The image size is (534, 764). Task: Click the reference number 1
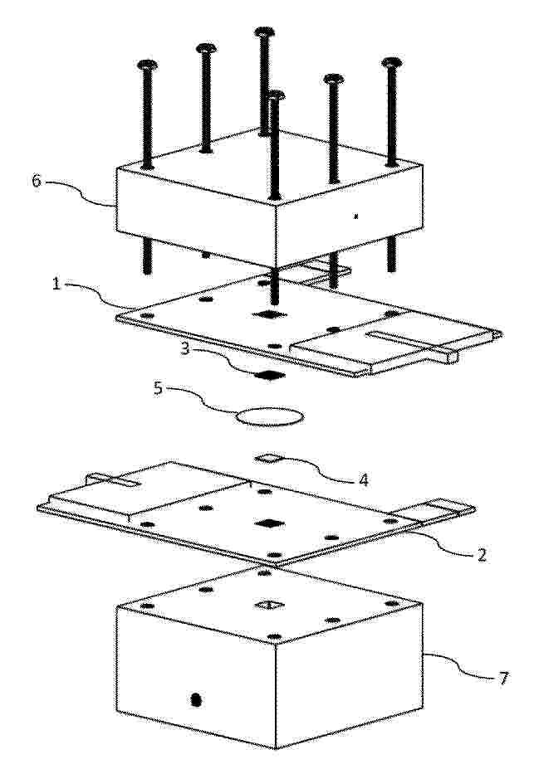coord(56,284)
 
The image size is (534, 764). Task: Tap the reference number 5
coord(158,389)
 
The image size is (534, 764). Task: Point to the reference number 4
coord(363,480)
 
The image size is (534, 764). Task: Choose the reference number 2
coord(482,555)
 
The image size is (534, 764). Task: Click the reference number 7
coord(502,678)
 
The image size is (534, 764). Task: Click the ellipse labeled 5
coord(270,416)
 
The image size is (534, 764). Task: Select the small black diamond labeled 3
coord(270,375)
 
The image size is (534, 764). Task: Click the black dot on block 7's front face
coord(196,699)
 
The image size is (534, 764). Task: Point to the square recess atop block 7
coord(269,606)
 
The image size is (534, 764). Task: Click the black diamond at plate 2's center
coord(269,523)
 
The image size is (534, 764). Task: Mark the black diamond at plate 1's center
coord(270,314)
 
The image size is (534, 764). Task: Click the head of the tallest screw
coord(264,32)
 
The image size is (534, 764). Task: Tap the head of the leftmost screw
coord(147,65)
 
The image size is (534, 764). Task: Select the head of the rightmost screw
coord(392,62)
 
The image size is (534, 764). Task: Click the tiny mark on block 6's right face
coord(356,216)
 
